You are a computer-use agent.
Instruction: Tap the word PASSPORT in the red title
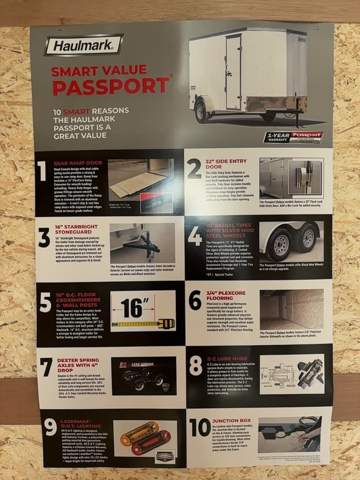point(111,87)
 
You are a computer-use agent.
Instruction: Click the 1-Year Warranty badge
point(293,137)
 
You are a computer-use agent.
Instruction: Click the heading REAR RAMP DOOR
point(75,162)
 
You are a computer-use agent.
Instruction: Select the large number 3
point(44,238)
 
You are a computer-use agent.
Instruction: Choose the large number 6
point(195,300)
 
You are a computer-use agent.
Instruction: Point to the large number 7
point(46,367)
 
